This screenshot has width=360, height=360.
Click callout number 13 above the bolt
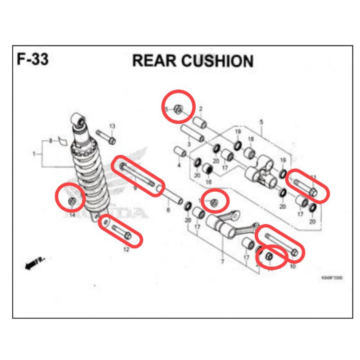point(112,126)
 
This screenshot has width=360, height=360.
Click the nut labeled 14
point(71,201)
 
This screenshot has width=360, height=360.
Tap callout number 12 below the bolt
point(126,249)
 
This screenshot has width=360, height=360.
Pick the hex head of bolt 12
point(128,236)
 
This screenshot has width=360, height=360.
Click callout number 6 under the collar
point(168,210)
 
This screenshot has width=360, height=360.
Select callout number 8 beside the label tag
point(51,141)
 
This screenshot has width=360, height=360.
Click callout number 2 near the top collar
point(200,109)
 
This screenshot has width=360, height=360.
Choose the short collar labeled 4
point(180,152)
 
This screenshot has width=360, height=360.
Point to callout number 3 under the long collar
point(189,144)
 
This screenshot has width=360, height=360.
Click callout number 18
point(251,139)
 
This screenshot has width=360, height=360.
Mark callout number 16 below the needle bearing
point(208,181)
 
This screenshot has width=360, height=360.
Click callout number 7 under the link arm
point(222,261)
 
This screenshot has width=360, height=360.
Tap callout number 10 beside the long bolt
point(292,267)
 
